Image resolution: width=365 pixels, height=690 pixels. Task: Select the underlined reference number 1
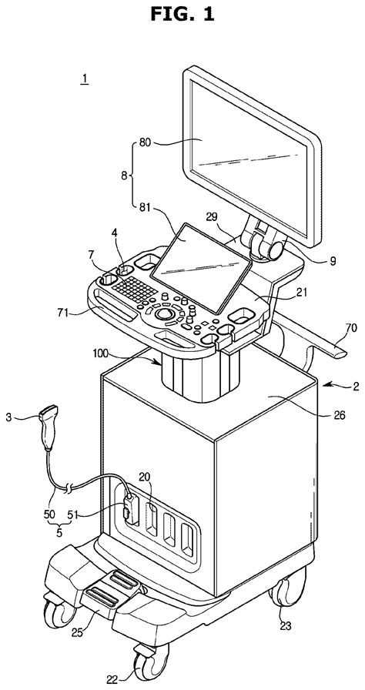click(84, 79)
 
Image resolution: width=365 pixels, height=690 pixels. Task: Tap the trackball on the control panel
click(164, 314)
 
